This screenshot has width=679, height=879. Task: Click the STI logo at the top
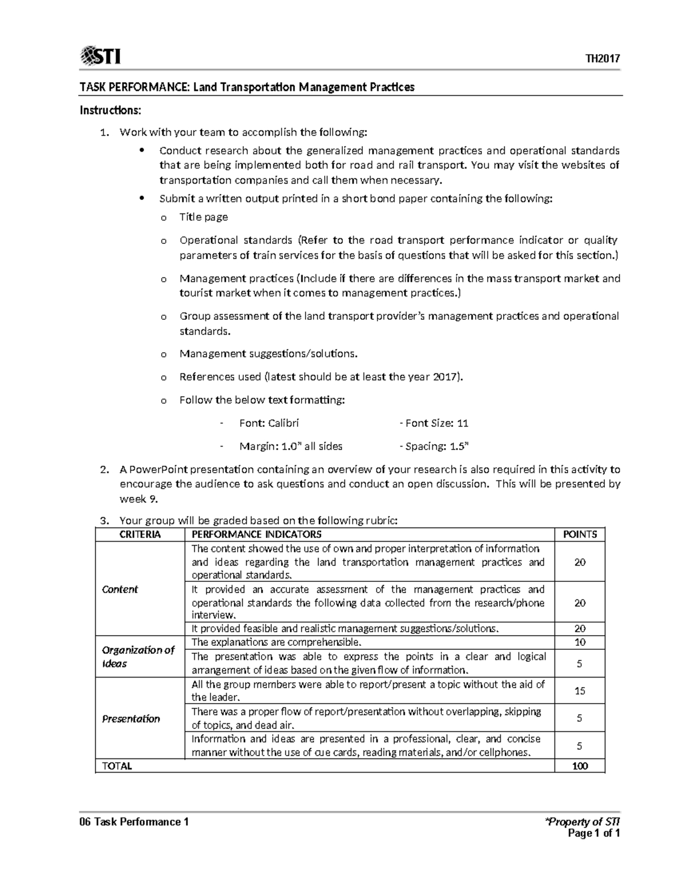101,57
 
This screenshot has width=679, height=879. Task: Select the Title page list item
203,217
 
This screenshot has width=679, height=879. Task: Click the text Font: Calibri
269,423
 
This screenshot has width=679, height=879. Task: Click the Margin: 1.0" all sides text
290,446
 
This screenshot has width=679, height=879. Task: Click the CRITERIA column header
140,534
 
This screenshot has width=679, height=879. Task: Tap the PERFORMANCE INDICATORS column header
256,534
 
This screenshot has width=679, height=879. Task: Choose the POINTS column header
580,534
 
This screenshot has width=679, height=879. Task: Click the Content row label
120,589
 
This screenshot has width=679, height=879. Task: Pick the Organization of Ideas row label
137,657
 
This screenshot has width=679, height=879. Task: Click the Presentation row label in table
131,718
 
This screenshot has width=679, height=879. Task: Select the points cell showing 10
580,642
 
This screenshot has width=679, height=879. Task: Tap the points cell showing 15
580,691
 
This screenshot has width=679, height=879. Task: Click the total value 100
580,766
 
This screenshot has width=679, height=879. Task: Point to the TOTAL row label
117,766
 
